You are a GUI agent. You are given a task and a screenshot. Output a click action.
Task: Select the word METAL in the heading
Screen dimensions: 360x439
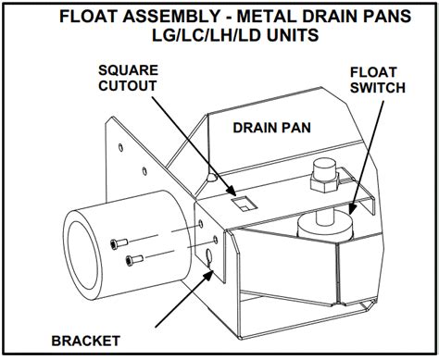point(265,16)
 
